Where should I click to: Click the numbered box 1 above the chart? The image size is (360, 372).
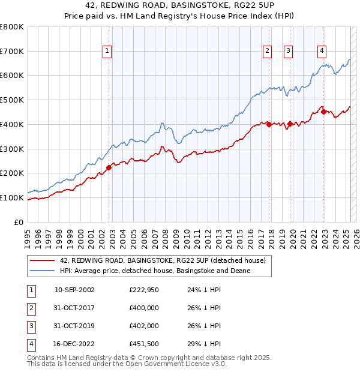(107, 51)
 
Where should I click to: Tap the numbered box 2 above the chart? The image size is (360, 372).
(266, 51)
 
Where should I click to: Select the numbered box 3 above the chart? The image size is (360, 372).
(288, 51)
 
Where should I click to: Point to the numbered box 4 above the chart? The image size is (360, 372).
(322, 51)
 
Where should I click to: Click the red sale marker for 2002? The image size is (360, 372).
(109, 167)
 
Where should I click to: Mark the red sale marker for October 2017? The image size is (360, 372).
(269, 124)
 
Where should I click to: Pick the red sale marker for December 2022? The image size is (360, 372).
(323, 112)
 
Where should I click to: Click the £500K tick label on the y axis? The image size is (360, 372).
(12, 100)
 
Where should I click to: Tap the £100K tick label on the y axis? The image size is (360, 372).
(12, 197)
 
